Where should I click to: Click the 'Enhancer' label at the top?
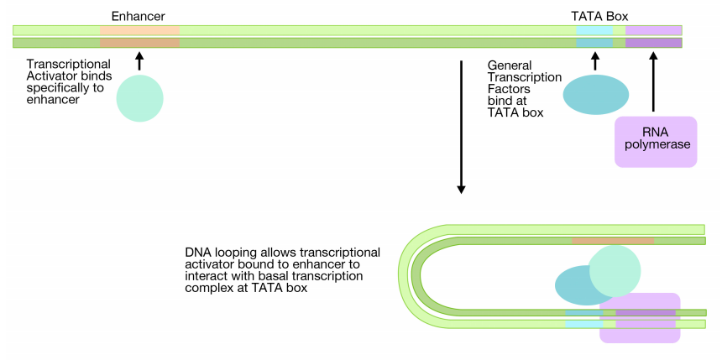(x=139, y=16)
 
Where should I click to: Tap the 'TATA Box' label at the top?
(x=599, y=16)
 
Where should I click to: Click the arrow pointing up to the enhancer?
(x=139, y=60)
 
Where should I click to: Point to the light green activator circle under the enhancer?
(x=139, y=98)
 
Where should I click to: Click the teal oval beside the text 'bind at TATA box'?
(x=595, y=95)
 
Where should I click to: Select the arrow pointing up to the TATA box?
(x=595, y=60)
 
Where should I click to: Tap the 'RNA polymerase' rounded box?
(x=656, y=141)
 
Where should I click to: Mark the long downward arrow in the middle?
(x=461, y=126)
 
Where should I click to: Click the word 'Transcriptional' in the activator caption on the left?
(x=68, y=65)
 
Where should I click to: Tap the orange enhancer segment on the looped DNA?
(x=612, y=241)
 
